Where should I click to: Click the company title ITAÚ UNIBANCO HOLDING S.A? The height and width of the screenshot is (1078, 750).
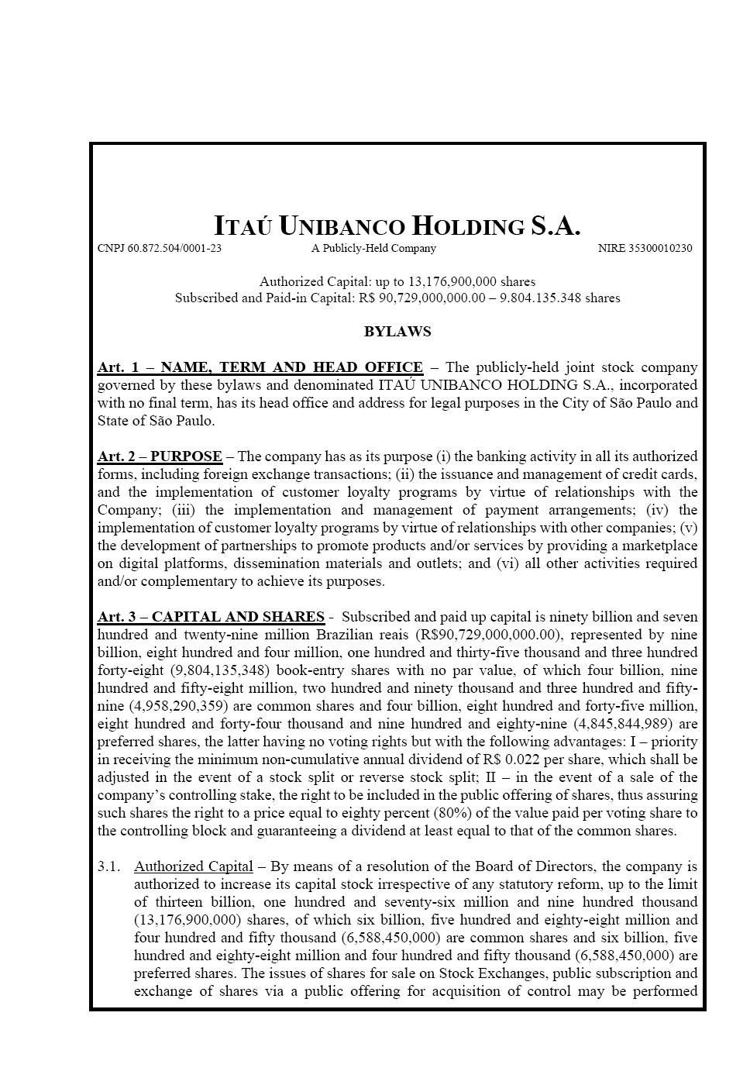tap(397, 226)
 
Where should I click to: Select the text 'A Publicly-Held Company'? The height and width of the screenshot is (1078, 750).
tap(373, 249)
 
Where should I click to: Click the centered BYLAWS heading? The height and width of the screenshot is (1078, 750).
tap(397, 332)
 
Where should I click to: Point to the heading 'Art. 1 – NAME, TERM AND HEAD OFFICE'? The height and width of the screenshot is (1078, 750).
tap(260, 367)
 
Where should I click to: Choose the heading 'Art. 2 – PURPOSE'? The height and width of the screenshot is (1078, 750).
tap(160, 456)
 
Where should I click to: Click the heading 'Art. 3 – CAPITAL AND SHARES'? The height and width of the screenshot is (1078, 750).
tap(211, 617)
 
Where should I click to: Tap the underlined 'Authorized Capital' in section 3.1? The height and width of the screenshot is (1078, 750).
tap(193, 866)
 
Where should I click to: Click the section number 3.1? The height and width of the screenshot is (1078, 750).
tap(109, 866)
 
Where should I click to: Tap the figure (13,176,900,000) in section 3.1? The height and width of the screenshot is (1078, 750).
tap(183, 920)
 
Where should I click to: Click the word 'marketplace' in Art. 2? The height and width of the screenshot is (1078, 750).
tap(659, 546)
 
